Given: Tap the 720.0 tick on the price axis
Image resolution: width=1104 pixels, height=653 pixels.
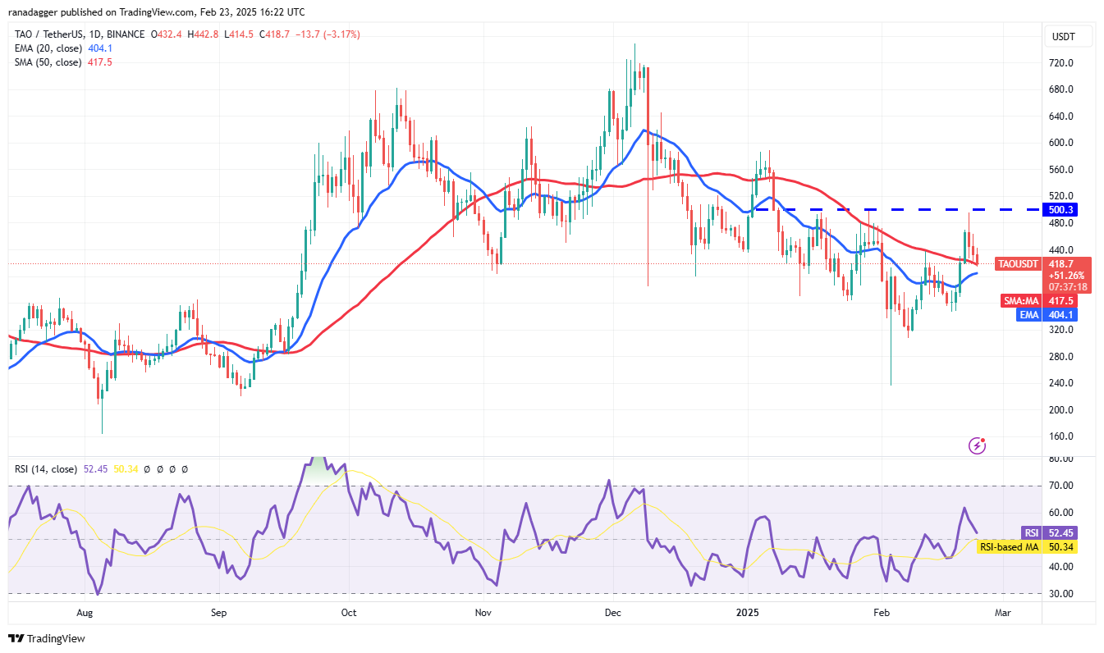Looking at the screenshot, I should click(1065, 63).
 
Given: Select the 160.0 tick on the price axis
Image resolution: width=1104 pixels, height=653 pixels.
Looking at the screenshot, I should click(1065, 436).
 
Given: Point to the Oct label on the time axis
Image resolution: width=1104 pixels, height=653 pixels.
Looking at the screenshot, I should click(349, 612).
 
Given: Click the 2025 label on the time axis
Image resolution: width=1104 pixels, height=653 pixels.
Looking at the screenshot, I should click(747, 612).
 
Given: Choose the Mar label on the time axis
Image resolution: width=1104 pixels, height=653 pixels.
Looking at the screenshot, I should click(1002, 612).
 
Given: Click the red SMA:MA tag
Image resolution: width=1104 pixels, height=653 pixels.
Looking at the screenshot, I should click(1020, 301).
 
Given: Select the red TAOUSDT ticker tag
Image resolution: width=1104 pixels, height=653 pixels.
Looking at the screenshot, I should click(1019, 264).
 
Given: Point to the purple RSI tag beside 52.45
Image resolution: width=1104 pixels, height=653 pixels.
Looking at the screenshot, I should click(1031, 532).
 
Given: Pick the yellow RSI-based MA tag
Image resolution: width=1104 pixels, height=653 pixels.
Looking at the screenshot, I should click(1007, 546).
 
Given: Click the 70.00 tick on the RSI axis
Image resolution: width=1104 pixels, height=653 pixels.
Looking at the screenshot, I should click(1065, 486).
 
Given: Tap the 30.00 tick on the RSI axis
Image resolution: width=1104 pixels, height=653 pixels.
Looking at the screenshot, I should click(1065, 593).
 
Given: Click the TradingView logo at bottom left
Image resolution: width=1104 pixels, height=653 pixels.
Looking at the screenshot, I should click(47, 638).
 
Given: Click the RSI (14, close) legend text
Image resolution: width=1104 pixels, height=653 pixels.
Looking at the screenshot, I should click(45, 469).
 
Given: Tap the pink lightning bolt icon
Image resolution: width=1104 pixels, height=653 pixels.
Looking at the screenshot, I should click(977, 445).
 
